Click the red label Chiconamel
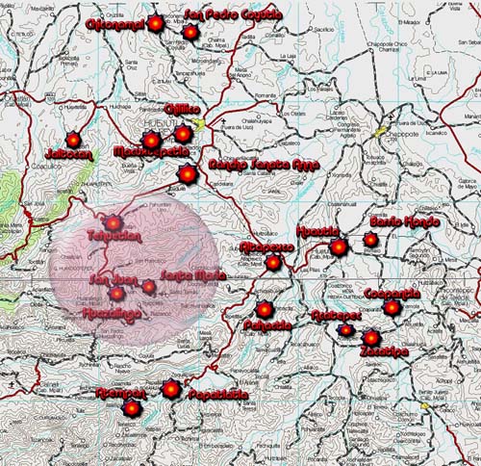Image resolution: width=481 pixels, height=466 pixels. [114, 22]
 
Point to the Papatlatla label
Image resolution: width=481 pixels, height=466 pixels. [217, 395]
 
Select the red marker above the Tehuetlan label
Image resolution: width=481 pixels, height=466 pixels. [114, 222]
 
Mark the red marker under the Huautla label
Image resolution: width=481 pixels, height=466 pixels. [339, 247]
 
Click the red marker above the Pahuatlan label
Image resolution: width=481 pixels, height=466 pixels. [265, 309]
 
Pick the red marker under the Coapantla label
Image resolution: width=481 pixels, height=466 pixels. [392, 308]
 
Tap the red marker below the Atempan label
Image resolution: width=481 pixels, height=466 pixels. [132, 408]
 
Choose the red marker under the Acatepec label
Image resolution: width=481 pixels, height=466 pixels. [345, 330]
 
